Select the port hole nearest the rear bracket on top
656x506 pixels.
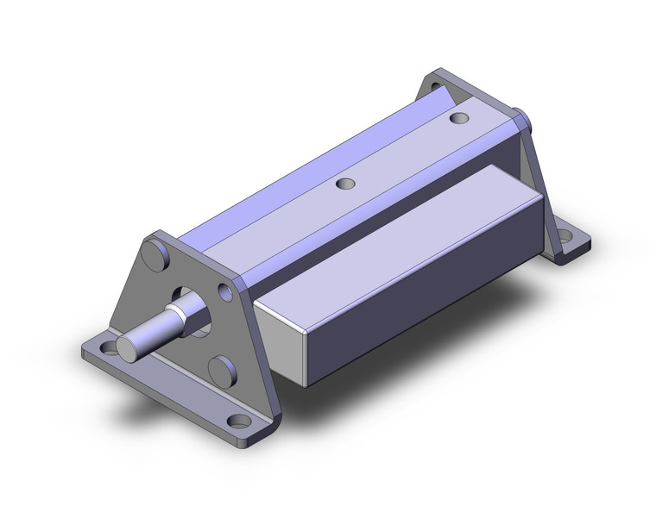[x=459, y=117]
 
